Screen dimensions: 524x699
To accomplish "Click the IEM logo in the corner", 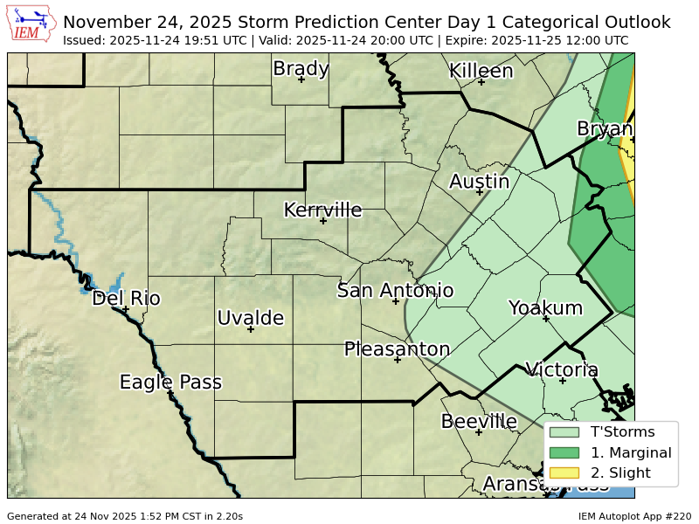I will point(32,24).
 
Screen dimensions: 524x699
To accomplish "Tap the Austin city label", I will point(479,182).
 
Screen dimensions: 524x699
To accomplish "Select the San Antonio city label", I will point(395,291).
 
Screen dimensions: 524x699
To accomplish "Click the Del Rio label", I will point(126,299).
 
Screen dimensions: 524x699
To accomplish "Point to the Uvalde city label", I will point(250,318).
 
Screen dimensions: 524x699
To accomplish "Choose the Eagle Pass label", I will point(170,383).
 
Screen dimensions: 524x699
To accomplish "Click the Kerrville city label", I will point(322,210).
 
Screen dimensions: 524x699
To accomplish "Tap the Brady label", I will point(301,69).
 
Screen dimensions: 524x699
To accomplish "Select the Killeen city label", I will point(481,72).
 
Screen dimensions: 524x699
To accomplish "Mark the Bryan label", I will point(605,129).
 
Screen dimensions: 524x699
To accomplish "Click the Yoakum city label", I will point(545,307).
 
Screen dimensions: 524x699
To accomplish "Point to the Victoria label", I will point(562,369).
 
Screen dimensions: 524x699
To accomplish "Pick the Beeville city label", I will point(479,422).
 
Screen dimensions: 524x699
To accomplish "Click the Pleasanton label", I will point(397,349).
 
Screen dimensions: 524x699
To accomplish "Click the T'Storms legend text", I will point(622,431).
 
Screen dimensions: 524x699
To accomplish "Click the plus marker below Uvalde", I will point(250,329).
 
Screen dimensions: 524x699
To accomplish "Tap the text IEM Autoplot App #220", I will point(634,516).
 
